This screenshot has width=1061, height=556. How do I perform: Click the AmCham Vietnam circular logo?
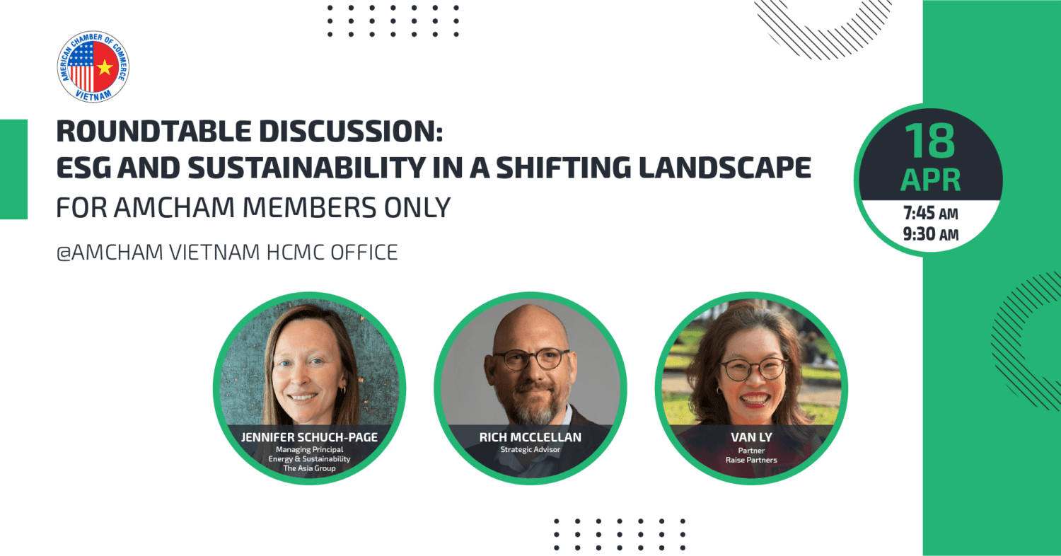pyautogui.click(x=93, y=66)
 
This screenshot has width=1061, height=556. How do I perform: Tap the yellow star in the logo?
pyautogui.click(x=105, y=68)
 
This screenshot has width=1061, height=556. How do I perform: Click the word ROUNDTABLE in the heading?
pyautogui.click(x=154, y=131)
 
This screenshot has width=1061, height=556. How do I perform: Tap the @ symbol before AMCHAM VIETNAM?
pyautogui.click(x=64, y=253)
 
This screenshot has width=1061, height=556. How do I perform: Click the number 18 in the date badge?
pyautogui.click(x=930, y=141)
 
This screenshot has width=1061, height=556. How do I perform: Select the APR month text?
pyautogui.click(x=930, y=180)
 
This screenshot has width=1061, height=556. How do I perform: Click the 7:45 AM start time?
pyautogui.click(x=930, y=214)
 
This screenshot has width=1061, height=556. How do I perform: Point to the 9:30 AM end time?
pyautogui.click(x=930, y=234)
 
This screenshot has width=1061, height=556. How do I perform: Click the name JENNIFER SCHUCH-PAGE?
pyautogui.click(x=309, y=437)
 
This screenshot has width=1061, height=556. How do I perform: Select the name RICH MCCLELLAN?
pyautogui.click(x=530, y=437)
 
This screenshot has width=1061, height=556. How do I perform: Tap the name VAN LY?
pyautogui.click(x=751, y=437)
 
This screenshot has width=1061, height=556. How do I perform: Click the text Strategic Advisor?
pyautogui.click(x=530, y=449)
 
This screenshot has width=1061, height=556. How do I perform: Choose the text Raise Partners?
pyautogui.click(x=751, y=460)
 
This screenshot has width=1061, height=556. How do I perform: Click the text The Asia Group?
pyautogui.click(x=309, y=468)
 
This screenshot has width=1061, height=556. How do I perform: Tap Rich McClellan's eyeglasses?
pyautogui.click(x=530, y=359)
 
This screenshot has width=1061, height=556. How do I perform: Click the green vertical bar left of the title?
pyautogui.click(x=13, y=169)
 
